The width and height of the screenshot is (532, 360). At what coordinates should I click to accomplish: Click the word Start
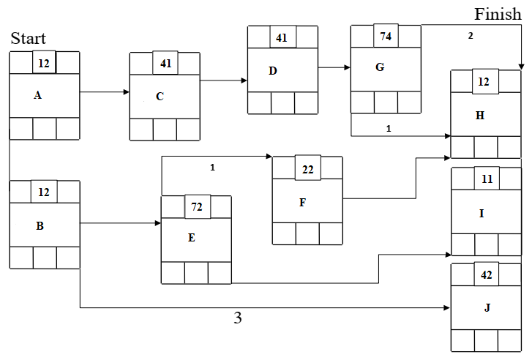(x=28, y=38)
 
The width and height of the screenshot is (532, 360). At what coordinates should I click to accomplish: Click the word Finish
(x=498, y=14)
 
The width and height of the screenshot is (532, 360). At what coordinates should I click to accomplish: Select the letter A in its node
(x=37, y=94)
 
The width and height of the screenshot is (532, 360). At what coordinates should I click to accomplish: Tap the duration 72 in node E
(x=196, y=207)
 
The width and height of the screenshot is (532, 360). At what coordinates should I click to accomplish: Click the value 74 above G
(x=386, y=36)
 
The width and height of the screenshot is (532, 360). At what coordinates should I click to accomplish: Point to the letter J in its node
(x=487, y=307)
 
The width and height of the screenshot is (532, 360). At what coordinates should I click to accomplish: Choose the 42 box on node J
(x=486, y=275)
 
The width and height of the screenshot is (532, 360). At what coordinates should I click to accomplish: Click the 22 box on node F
(x=307, y=169)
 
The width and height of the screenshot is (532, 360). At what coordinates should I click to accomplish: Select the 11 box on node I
(x=486, y=179)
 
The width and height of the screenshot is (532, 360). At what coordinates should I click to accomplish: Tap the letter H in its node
(x=479, y=115)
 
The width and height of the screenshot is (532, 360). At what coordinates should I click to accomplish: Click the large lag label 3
(x=237, y=318)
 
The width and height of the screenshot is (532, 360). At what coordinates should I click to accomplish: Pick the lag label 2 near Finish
(x=471, y=35)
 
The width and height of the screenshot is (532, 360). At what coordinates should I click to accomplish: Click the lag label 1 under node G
(x=388, y=128)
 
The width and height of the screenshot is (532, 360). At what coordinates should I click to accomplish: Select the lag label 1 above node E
(x=212, y=168)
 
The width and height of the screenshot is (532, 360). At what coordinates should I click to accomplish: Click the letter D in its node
(x=272, y=71)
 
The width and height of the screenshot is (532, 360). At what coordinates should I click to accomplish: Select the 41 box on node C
(x=165, y=64)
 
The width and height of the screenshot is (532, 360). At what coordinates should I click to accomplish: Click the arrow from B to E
(x=120, y=223)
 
